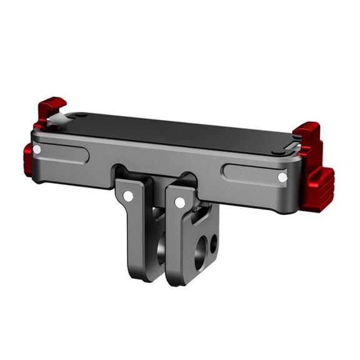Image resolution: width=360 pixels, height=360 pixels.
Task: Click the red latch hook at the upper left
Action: (51, 108)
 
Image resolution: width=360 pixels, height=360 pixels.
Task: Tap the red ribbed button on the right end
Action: (319, 187)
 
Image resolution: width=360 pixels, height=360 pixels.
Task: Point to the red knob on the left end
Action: (27, 160)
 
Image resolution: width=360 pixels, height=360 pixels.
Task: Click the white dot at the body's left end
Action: (37, 149)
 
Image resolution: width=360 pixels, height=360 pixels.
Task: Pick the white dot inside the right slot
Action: (282, 177)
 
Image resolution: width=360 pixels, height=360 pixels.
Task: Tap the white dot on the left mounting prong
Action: (128, 196)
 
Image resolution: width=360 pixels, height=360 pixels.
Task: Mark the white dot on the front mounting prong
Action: (180, 202)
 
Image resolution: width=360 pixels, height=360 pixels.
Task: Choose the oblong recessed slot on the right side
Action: (253, 173)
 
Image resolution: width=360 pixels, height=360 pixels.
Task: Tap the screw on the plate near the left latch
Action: (81, 115)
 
